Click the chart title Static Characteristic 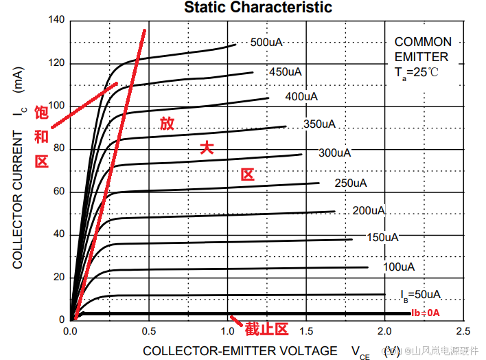[x=258, y=8]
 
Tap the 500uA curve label [x=266, y=43]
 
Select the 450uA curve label [x=285, y=71]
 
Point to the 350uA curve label [x=319, y=124]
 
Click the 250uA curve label [x=351, y=183]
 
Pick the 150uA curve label [x=382, y=238]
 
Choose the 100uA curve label [x=398, y=266]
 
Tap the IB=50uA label [x=420, y=295]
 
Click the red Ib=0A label [x=425, y=313]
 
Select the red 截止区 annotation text [x=266, y=329]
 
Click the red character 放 [x=167, y=124]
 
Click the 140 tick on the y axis [x=56, y=21]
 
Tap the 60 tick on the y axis [x=58, y=192]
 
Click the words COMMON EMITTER [x=423, y=49]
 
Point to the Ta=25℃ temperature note [x=416, y=72]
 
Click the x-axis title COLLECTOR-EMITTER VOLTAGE [x=240, y=351]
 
